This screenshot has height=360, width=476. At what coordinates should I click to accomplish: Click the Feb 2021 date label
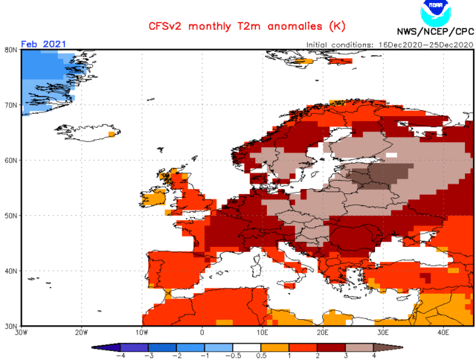pyautogui.click(x=43, y=44)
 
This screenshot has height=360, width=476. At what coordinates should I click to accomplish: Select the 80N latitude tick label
pyautogui.click(x=11, y=50)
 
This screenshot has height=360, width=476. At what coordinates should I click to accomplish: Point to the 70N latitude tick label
pyautogui.click(x=11, y=105)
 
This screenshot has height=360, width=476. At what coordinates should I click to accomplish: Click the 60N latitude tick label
pyautogui.click(x=11, y=160)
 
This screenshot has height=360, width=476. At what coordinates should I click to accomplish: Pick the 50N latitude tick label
pyautogui.click(x=11, y=216)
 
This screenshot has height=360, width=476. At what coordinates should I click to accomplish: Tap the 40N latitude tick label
pyautogui.click(x=11, y=271)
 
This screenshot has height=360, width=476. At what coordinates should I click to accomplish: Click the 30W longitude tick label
pyautogui.click(x=22, y=332)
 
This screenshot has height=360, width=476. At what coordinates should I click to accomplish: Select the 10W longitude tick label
pyautogui.click(x=142, y=332)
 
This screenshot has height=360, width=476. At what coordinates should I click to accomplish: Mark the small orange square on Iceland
pyautogui.click(x=112, y=135)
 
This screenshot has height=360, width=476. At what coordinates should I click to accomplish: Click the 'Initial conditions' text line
pyautogui.click(x=388, y=45)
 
